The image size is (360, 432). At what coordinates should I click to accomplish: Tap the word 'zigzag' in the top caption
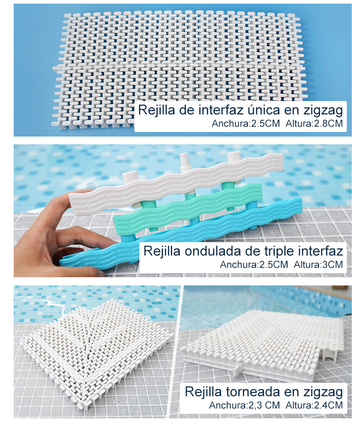pyautogui.click(x=323, y=111)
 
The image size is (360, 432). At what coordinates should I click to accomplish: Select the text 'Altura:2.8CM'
pyautogui.click(x=314, y=123)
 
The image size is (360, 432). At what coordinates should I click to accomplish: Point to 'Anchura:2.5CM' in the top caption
pyautogui.click(x=246, y=123)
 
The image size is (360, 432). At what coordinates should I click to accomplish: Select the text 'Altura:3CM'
pyautogui.click(x=318, y=264)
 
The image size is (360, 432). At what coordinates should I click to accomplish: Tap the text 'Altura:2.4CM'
pyautogui.click(x=314, y=405)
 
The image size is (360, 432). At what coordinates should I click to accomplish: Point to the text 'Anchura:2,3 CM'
pyautogui.click(x=244, y=405)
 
